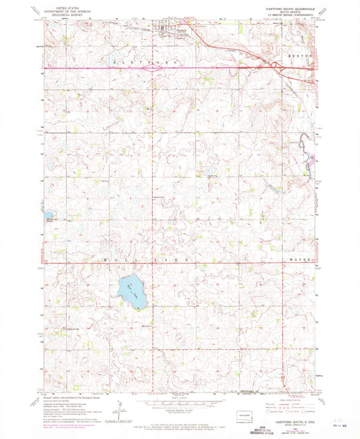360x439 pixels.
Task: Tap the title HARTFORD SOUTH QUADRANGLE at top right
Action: point(283,8)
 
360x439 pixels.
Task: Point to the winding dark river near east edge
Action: point(307,152)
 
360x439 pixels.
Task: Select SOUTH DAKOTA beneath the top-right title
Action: point(283,12)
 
